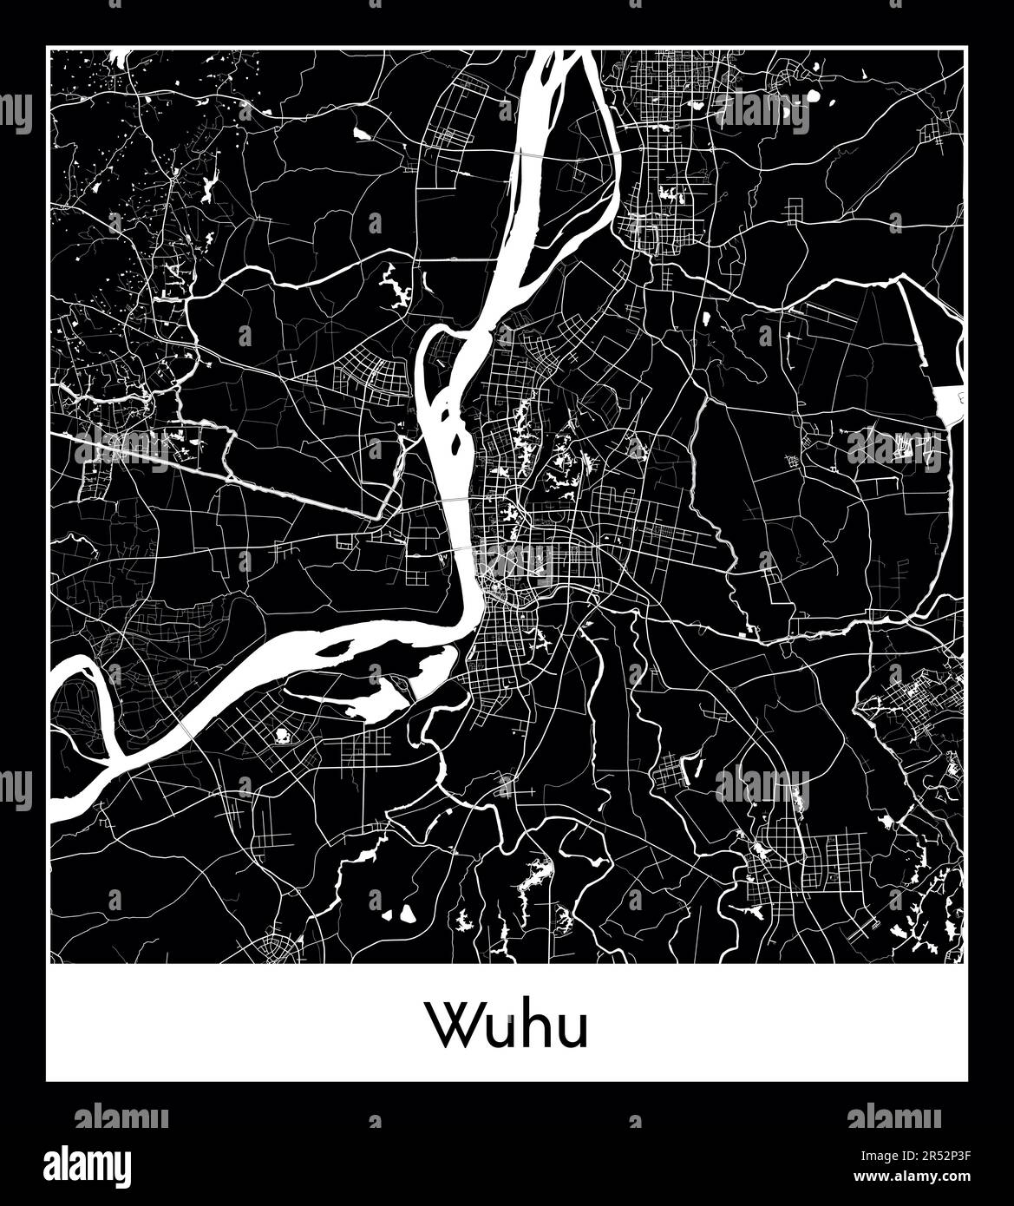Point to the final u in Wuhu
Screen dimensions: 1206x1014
572,1030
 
